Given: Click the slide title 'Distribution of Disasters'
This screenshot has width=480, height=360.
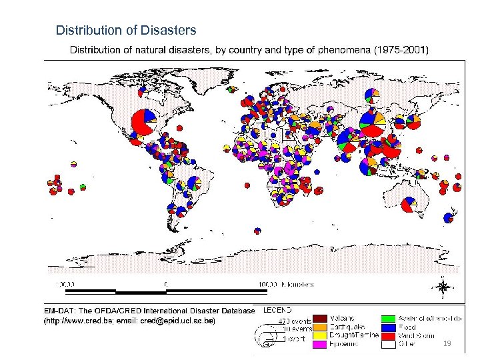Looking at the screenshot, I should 126,30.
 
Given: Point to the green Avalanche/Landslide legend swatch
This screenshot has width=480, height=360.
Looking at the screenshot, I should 388,319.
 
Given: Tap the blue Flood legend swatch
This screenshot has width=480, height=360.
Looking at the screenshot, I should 388,327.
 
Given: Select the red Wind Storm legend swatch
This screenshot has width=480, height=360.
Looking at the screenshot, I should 388,335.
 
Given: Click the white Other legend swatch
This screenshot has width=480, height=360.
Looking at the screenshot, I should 388,344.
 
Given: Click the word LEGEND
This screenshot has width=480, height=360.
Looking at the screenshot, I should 277,310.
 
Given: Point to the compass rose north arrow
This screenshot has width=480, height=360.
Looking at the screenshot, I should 441,287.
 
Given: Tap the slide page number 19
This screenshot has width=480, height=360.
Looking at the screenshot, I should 447,343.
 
